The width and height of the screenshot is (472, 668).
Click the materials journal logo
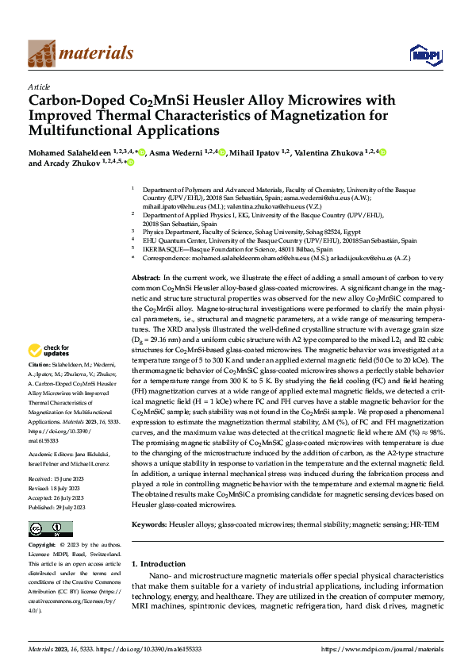(80, 53)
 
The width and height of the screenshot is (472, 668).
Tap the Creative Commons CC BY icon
(45, 529)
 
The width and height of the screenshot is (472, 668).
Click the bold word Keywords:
(149, 524)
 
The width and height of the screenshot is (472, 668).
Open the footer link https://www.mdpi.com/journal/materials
(382, 649)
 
